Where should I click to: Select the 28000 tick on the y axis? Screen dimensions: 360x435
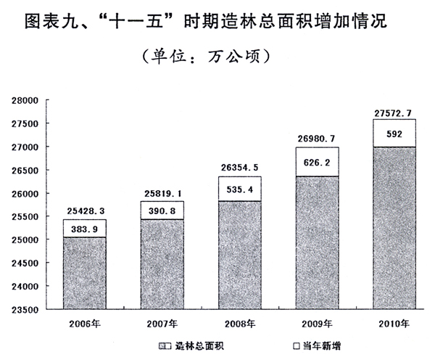pos(28,100)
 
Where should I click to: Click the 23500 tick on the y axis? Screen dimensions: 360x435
pos(28,310)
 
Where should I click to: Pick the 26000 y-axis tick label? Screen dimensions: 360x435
pos(28,194)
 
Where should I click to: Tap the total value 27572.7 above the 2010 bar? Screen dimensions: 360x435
pos(394,112)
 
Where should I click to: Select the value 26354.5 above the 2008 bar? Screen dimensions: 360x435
pos(239,168)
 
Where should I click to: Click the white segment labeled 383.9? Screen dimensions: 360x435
pos(84,229)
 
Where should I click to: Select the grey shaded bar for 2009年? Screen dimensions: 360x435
pos(317,242)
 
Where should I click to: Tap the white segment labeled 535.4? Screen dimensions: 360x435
pos(239,187)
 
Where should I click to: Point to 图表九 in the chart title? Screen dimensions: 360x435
pos(53,20)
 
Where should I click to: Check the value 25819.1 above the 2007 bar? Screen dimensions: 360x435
pos(162,194)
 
